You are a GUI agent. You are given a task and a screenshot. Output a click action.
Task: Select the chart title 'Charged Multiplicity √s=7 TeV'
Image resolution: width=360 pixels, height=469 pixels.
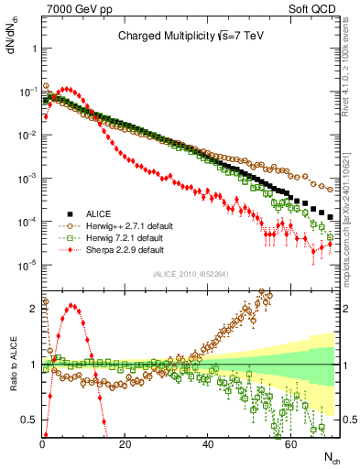pos(190,37)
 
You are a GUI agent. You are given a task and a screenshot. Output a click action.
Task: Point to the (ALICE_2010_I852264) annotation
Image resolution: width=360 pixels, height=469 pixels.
pos(191,273)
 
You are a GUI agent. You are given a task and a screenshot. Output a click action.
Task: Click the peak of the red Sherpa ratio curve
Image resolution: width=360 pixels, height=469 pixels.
pos(72,306)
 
